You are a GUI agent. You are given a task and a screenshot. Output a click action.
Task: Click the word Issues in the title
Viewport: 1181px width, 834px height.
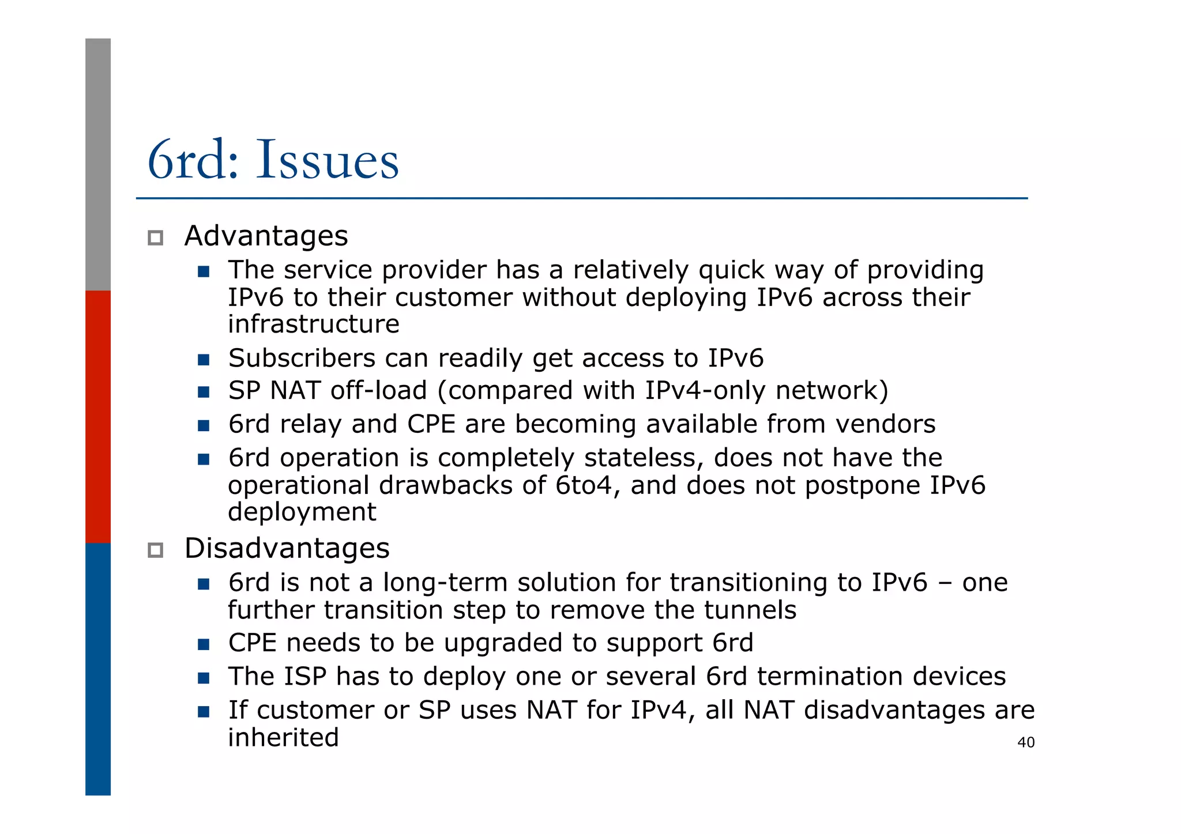(x=327, y=160)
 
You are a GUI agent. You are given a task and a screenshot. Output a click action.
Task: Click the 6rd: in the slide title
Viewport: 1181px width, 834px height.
(x=193, y=160)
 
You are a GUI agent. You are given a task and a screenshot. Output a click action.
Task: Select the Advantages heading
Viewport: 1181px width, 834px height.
(x=266, y=236)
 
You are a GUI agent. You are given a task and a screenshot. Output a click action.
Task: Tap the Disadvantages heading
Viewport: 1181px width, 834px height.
(x=287, y=548)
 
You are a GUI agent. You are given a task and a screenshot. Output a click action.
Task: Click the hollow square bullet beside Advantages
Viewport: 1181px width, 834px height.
(x=155, y=237)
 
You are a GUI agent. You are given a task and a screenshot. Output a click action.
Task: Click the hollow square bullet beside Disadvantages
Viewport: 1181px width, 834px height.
(x=155, y=550)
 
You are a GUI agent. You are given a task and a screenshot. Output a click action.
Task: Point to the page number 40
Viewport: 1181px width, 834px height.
(x=1026, y=742)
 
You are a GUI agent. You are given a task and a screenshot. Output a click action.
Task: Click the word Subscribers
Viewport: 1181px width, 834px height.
(x=302, y=358)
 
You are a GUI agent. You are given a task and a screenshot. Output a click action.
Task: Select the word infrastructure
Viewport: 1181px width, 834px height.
(x=313, y=324)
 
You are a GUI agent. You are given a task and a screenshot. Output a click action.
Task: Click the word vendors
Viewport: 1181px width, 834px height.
(x=885, y=424)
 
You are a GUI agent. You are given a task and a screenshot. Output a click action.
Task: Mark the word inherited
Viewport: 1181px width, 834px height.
(x=283, y=738)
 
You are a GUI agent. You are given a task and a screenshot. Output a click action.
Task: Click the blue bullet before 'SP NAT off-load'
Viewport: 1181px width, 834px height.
(x=203, y=392)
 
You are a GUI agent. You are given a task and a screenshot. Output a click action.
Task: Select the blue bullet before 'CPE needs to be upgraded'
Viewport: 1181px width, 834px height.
(x=203, y=644)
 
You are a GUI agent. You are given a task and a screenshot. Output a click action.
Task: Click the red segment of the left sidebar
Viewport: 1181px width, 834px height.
(x=98, y=416)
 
